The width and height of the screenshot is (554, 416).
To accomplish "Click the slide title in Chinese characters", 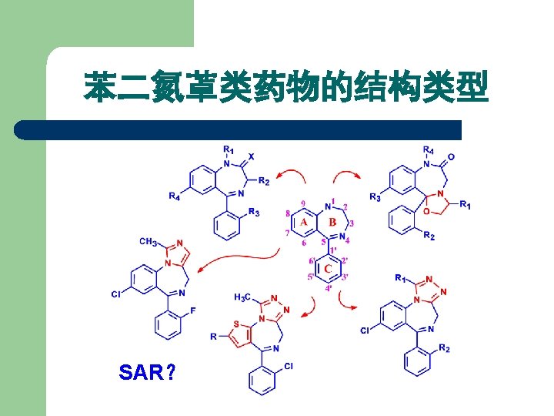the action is [285, 87].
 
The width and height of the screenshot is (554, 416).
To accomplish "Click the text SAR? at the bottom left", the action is [147, 374].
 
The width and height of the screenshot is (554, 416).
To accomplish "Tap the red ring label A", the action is [304, 223].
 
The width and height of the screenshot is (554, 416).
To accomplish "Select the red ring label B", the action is [332, 223].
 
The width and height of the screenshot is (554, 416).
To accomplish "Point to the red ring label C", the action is [329, 269].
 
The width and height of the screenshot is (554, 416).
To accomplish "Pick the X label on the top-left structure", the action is [251, 156].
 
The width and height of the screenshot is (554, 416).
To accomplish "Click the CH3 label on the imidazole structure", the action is [149, 241].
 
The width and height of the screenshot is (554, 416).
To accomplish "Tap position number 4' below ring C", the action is [329, 288].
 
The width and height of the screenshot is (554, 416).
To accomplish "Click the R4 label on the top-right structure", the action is [428, 149].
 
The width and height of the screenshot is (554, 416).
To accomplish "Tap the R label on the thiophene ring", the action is [214, 337].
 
